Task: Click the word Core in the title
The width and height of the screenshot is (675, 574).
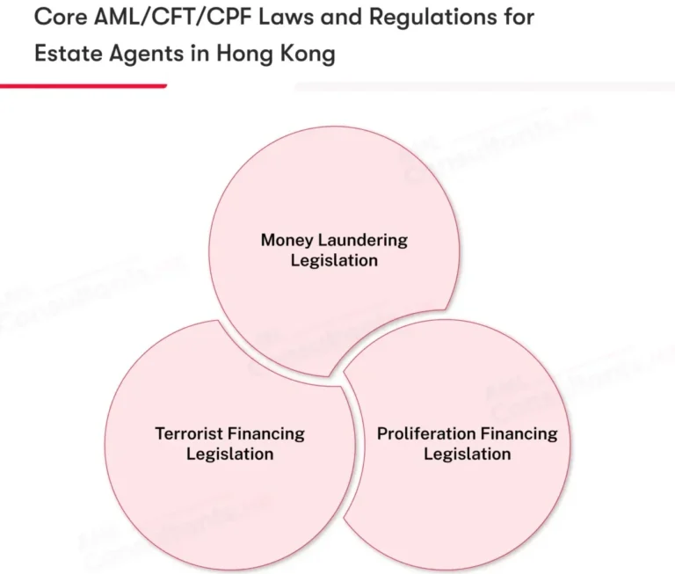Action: pyautogui.click(x=61, y=18)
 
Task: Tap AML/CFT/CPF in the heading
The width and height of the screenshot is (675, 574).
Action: pyautogui.click(x=172, y=18)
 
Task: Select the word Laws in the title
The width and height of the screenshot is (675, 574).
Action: pyautogui.click(x=286, y=18)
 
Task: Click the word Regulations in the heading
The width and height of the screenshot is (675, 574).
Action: pyautogui.click(x=433, y=18)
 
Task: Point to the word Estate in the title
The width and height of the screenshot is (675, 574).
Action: pyautogui.click(x=68, y=54)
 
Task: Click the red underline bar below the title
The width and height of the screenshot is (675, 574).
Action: pyautogui.click(x=83, y=86)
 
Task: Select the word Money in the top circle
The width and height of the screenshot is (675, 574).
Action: pyautogui.click(x=287, y=241)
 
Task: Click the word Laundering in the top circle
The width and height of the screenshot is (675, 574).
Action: pyautogui.click(x=362, y=241)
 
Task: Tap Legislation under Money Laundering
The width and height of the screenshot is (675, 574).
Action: pyautogui.click(x=334, y=260)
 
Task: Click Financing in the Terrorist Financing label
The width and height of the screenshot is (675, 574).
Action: pyautogui.click(x=265, y=434)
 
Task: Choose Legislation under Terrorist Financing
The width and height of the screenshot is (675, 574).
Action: pyautogui.click(x=230, y=454)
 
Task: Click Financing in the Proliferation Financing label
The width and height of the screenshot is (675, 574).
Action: pyautogui.click(x=519, y=434)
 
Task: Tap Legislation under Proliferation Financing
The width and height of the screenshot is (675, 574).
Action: pyautogui.click(x=468, y=454)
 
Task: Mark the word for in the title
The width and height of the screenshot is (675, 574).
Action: pyautogui.click(x=519, y=18)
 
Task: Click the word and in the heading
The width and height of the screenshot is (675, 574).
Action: pyautogui.click(x=341, y=18)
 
